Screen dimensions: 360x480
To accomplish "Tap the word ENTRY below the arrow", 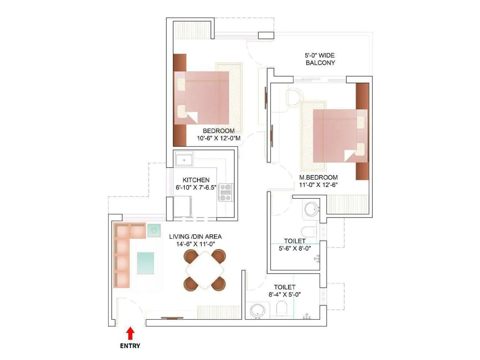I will pos(130,346).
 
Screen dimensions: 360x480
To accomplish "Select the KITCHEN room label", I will pos(196,180).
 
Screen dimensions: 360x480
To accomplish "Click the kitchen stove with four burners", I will pos(226,192).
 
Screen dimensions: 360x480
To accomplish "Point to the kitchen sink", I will pos(184,160).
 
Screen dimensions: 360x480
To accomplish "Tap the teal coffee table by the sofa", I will pos(145,263).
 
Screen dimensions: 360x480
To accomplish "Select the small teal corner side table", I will pos(154,230).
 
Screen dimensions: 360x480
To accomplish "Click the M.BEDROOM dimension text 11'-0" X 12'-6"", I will pos(318,185).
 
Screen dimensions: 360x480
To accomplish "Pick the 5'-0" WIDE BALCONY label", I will pos(320,59).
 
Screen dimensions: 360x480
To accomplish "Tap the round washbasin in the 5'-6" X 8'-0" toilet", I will pos(311,209).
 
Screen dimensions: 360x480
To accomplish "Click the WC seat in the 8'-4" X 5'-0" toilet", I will pos(281,308).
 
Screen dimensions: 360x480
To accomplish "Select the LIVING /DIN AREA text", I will pos(195,236).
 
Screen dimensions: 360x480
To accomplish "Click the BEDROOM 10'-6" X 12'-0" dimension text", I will pos(218,138).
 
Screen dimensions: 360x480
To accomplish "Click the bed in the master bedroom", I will pos(337,136).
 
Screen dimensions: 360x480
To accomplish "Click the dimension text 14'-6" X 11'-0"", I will pos(195,244).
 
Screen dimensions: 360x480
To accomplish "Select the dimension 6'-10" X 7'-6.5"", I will pos(196,187).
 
